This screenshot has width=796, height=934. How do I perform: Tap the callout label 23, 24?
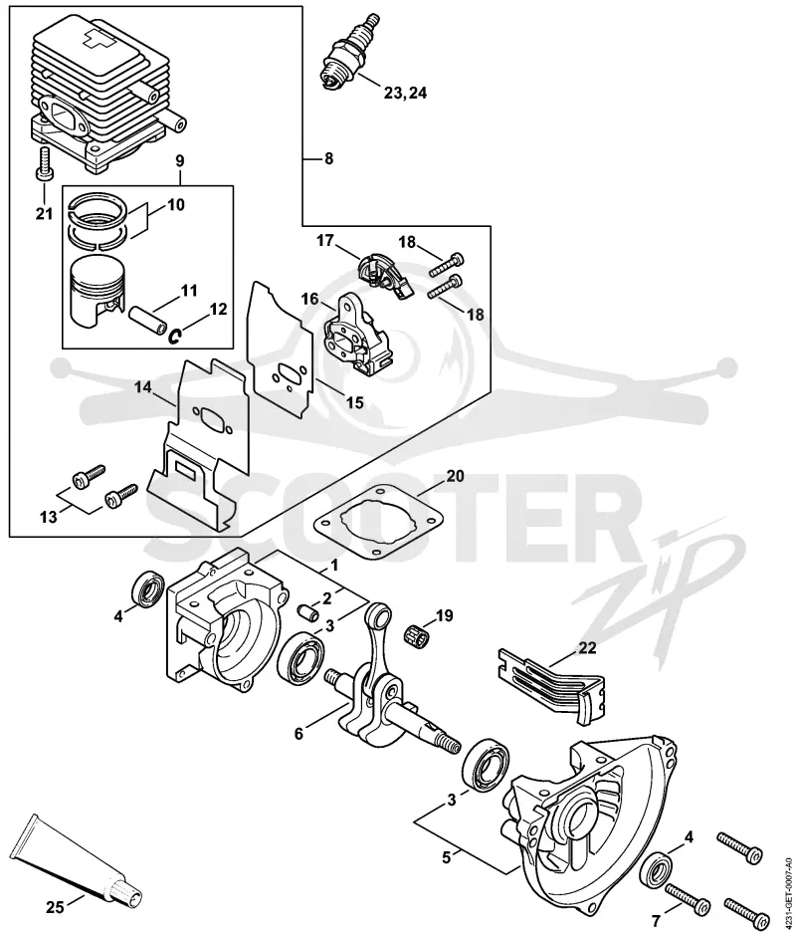405,93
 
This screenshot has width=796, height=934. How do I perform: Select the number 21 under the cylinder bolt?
44,213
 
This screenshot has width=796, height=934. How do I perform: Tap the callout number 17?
324,241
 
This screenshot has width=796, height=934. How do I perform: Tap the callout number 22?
587,647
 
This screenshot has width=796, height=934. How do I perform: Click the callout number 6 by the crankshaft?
298,733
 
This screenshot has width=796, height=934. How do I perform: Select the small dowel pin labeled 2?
307,611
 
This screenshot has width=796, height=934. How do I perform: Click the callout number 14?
143,388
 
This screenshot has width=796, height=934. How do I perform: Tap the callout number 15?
354,402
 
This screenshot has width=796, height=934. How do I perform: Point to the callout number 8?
328,159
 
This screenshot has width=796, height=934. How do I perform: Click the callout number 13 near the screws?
49,517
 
